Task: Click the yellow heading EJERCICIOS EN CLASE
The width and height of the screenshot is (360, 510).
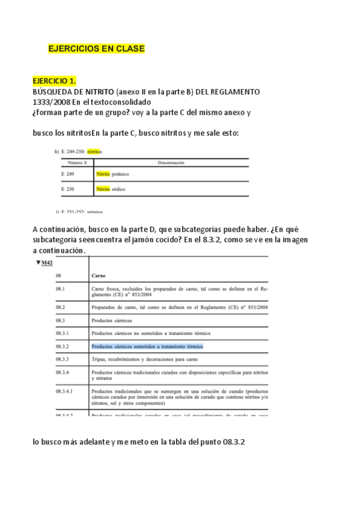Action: (x=96, y=48)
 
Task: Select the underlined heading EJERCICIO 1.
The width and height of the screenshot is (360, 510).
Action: (x=54, y=80)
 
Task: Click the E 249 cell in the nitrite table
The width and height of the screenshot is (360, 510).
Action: (x=67, y=174)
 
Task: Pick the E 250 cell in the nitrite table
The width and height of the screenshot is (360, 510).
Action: (x=67, y=189)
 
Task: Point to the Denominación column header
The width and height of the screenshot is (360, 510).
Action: (x=171, y=162)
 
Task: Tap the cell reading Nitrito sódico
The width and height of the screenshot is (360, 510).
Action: (x=111, y=189)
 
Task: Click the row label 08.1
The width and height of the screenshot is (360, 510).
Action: (x=60, y=289)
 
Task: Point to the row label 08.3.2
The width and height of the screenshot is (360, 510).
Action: (x=63, y=346)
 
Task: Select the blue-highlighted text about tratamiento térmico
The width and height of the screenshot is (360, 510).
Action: (x=147, y=346)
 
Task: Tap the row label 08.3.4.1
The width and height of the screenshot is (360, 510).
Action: (x=64, y=391)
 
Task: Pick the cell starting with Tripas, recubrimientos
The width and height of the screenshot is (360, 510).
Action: (x=144, y=360)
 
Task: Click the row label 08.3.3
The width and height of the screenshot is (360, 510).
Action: (x=63, y=360)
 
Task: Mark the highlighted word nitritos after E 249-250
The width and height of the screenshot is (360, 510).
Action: (x=94, y=152)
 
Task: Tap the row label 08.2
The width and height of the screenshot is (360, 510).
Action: (x=60, y=307)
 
